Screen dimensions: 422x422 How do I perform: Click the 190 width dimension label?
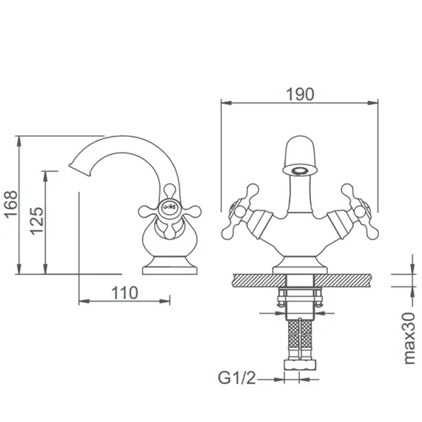point(300,94)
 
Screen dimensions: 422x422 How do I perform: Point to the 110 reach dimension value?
point(125,292)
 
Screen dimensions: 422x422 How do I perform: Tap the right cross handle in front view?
point(355,207)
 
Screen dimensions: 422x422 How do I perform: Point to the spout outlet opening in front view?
point(300,170)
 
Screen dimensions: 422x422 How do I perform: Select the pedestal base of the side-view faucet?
point(170,264)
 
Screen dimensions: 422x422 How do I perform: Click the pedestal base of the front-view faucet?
point(300,264)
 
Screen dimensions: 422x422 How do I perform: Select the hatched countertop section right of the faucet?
point(348,280)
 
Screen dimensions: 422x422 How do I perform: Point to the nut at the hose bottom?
point(300,364)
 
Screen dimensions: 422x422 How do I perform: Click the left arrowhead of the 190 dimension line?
point(225,104)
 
